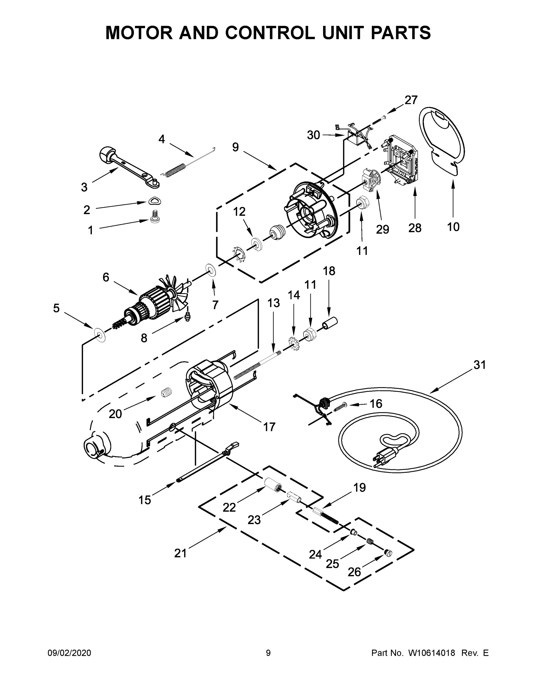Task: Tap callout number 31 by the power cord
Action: tap(479, 365)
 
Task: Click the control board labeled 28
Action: tap(401, 160)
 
